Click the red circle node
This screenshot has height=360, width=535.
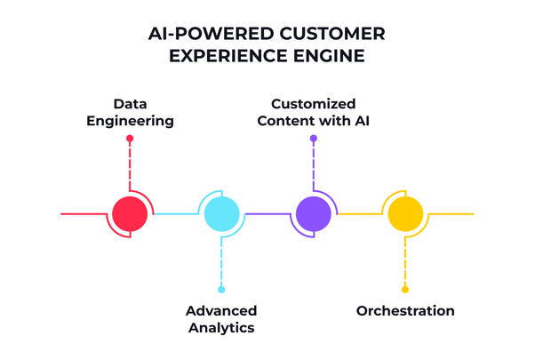130,213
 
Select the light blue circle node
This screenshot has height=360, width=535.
221,213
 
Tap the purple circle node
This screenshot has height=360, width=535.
313,213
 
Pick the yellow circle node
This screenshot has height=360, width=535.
404,213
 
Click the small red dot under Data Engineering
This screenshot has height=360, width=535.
130,139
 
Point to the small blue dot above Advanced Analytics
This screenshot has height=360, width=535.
221,289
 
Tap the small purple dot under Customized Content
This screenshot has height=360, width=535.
313,139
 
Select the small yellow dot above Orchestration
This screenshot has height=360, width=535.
404,289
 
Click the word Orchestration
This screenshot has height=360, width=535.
405,311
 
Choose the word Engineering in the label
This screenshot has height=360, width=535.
130,121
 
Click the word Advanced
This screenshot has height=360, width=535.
221,311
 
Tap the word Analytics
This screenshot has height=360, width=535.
221,328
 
